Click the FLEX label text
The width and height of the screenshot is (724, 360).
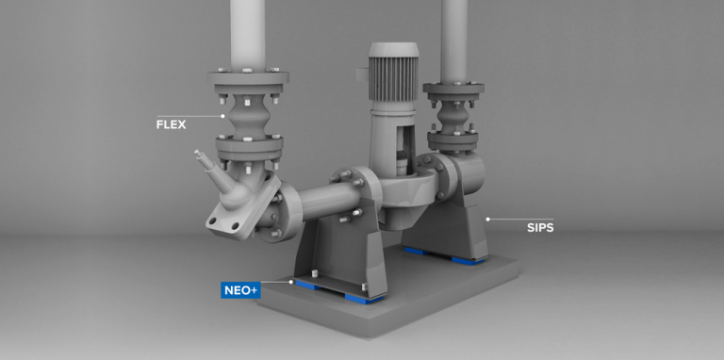(172, 123)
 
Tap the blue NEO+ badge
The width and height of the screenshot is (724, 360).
(240, 289)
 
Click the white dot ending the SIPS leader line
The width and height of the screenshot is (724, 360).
(487, 219)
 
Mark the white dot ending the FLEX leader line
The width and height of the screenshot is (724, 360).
(223, 116)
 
